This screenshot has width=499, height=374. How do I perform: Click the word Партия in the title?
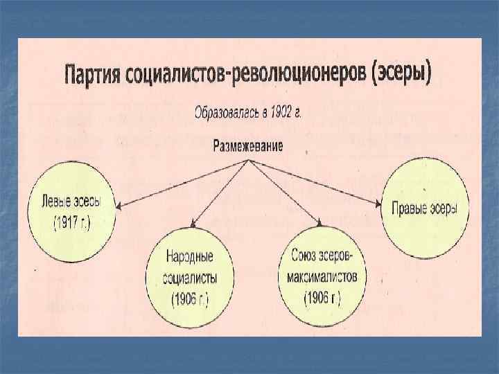[96, 71]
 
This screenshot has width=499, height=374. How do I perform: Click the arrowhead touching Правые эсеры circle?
[378, 205]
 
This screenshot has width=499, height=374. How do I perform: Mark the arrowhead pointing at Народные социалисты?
[193, 226]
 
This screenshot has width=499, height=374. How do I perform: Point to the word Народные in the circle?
[189, 257]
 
